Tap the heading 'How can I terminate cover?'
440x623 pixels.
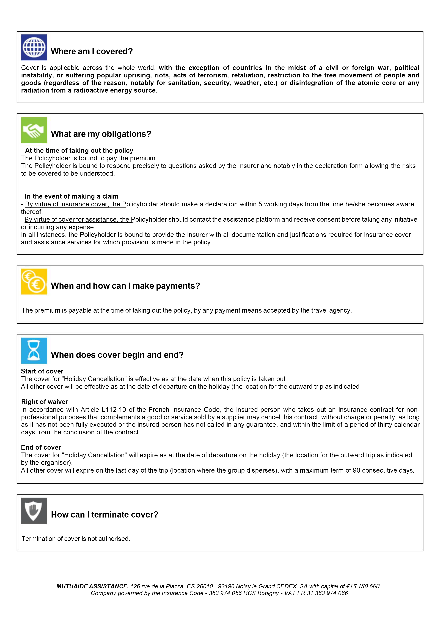pyautogui.click(x=105, y=514)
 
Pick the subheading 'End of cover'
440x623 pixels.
pyautogui.click(x=41, y=447)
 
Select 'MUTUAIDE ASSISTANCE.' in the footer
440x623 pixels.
pyautogui.click(x=92, y=586)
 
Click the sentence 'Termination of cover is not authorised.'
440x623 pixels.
pyautogui.click(x=76, y=539)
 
